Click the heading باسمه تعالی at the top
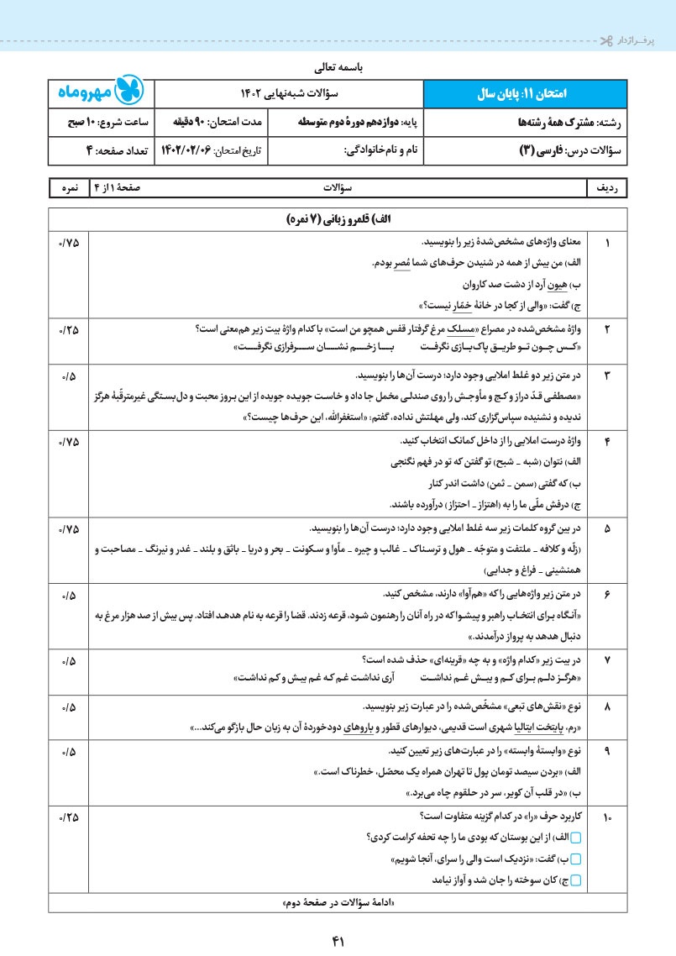[338, 64]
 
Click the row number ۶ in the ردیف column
[607, 595]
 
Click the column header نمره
[64, 189]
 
